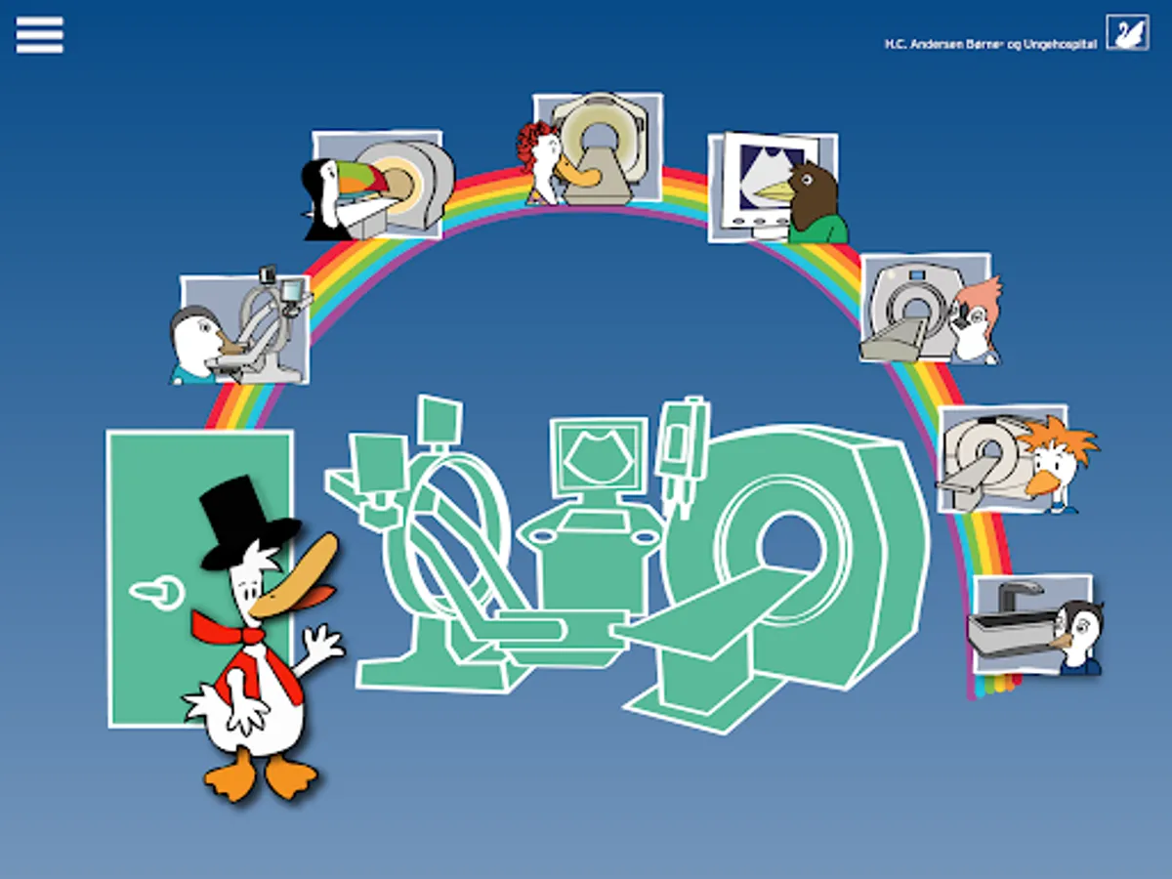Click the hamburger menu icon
(40, 36)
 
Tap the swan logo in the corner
(1127, 32)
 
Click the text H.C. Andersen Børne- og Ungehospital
(989, 45)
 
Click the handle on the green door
(156, 591)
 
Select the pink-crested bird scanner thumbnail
(928, 309)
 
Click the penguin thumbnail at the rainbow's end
(1033, 625)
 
